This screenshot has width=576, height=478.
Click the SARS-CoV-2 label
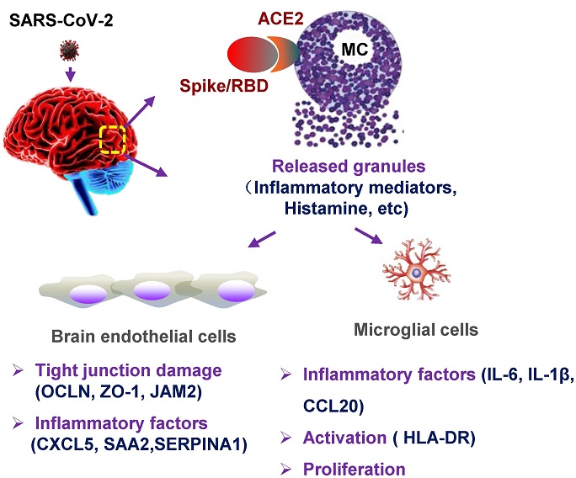61,21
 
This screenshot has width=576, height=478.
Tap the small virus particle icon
69,50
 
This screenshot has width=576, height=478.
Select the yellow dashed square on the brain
113,140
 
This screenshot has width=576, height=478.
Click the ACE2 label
280,19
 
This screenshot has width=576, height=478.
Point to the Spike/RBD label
224,86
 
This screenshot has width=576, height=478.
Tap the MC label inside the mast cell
355,49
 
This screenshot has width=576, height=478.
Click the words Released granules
349,167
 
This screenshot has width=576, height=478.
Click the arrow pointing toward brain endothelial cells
262,239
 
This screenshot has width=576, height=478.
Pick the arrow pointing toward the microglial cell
369,236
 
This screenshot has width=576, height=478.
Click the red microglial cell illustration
417,269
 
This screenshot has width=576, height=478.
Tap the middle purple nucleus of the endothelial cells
152,291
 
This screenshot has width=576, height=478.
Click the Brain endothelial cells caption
144,337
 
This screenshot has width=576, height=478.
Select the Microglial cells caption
416,330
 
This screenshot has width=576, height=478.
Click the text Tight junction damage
128,370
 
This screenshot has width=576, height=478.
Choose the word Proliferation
355,470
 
